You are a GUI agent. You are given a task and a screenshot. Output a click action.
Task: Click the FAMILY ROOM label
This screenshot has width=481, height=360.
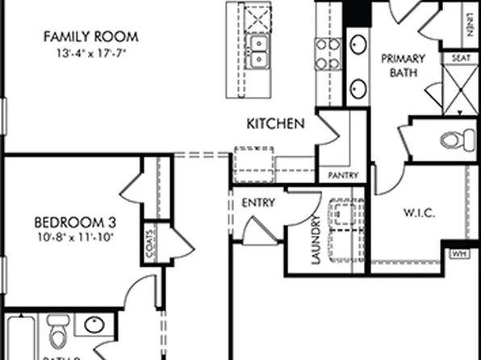click(90, 36)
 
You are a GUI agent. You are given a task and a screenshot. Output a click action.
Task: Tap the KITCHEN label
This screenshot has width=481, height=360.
click(275, 124)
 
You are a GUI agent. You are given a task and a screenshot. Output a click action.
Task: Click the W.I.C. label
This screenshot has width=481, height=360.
click(419, 213)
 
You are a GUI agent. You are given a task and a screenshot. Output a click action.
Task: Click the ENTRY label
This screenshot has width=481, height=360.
click(258, 203)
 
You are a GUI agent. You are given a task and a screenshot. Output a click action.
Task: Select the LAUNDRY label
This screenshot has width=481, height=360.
click(316, 240)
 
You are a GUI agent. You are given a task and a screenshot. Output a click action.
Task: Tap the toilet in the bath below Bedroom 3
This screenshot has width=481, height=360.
click(56, 332)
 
